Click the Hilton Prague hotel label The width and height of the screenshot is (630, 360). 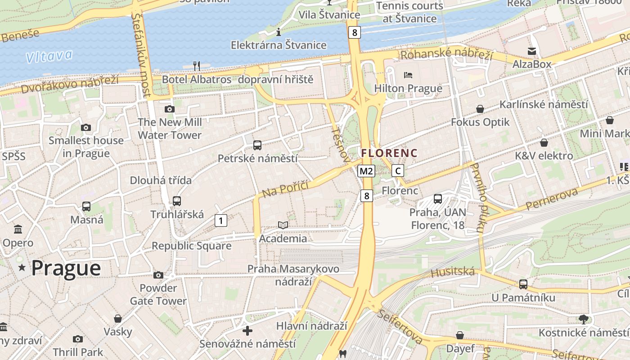408,88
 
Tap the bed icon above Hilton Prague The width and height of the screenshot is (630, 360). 408,75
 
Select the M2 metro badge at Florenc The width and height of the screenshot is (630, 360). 366,171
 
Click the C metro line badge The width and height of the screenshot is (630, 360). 397,171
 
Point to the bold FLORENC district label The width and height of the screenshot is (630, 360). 389,153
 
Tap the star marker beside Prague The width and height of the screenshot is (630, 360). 22,268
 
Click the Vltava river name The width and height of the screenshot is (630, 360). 49,56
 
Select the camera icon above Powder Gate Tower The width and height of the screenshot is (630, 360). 158,274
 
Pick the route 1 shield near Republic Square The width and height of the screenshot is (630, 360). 220,220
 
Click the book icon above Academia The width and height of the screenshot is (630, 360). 283,225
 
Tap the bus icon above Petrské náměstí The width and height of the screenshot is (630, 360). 257,145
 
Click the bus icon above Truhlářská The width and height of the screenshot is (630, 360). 177,201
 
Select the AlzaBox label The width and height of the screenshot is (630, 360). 532,64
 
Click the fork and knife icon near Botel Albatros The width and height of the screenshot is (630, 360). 196,66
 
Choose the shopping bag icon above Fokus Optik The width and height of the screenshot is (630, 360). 480,109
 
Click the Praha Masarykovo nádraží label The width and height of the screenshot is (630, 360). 293,275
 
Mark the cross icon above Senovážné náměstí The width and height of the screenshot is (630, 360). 247,331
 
